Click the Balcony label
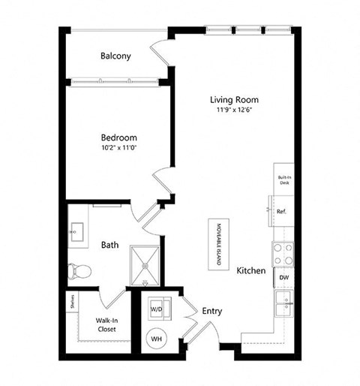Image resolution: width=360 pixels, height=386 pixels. [x=116, y=56]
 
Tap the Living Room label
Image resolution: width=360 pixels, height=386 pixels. [x=234, y=99]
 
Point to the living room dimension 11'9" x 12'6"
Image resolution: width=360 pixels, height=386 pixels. [x=234, y=111]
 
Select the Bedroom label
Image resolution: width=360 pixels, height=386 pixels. [x=119, y=137]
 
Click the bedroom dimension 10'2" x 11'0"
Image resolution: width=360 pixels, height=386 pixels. [x=119, y=149]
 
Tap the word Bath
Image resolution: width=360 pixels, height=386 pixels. [x=109, y=244]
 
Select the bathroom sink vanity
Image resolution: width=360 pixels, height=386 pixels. [x=76, y=231]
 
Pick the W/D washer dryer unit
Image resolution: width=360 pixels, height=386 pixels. [x=157, y=308]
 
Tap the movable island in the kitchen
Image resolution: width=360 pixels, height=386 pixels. [x=220, y=240]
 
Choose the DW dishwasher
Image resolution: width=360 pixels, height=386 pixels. [x=283, y=278]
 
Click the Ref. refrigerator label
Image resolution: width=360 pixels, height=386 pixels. [x=281, y=212]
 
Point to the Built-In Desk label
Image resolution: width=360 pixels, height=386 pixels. [x=283, y=178]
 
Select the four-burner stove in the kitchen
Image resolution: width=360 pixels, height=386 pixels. [x=283, y=253]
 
